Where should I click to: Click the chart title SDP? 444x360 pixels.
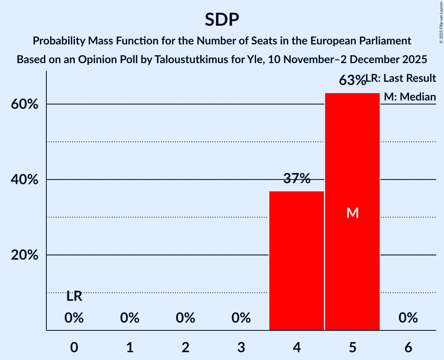click(222, 19)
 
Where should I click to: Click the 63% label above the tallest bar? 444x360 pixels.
click(352, 80)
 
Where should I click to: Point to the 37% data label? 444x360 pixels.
click(297, 179)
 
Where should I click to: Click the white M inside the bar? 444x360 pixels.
click(352, 213)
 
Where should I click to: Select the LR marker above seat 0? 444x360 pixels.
click(74, 296)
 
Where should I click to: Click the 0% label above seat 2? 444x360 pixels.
click(185, 318)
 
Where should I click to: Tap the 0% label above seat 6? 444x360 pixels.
click(408, 318)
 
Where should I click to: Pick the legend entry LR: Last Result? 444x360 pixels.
click(401, 78)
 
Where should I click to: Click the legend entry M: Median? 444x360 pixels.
click(410, 97)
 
